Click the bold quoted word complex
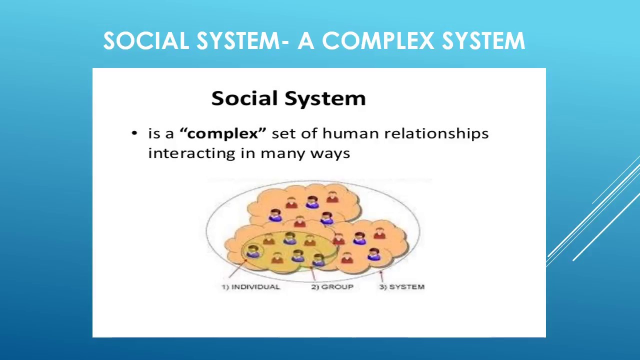point(223,134)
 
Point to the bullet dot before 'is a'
point(134,133)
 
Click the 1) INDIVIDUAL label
point(250,286)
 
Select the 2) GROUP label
point(332,286)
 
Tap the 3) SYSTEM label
point(402,286)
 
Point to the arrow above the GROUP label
point(313,274)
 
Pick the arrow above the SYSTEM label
point(381,274)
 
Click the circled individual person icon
point(252,251)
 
